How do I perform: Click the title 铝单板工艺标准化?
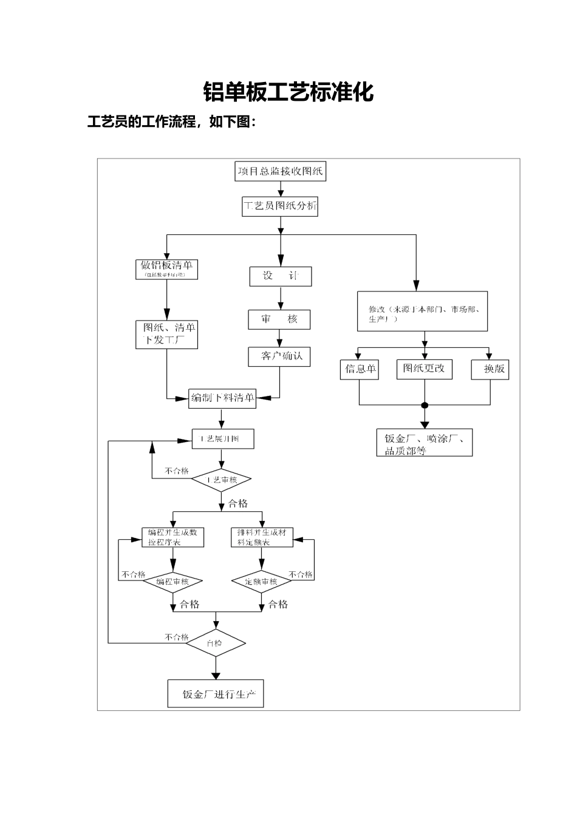pos(288,92)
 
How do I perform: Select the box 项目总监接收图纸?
pos(280,171)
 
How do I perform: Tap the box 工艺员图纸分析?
pos(280,206)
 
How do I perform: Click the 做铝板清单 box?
pos(166,268)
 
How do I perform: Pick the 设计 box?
pos(280,276)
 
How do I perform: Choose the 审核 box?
pos(279,319)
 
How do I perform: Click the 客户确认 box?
pos(279,356)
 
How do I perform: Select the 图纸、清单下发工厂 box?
pos(167,334)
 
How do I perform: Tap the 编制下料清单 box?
pos(222,398)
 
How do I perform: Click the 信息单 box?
pos(359,369)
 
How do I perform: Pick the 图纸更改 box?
pos(424,369)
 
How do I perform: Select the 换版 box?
pos(490,369)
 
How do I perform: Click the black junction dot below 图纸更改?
pos(425,405)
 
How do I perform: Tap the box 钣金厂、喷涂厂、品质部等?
pos(424,444)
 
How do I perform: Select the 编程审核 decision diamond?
pos(172,582)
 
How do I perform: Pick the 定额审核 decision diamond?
pos(261,582)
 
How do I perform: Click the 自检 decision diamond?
pos(215,643)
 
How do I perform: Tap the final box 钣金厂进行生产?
pos(216,694)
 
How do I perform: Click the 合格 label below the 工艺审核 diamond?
pos(237,503)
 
